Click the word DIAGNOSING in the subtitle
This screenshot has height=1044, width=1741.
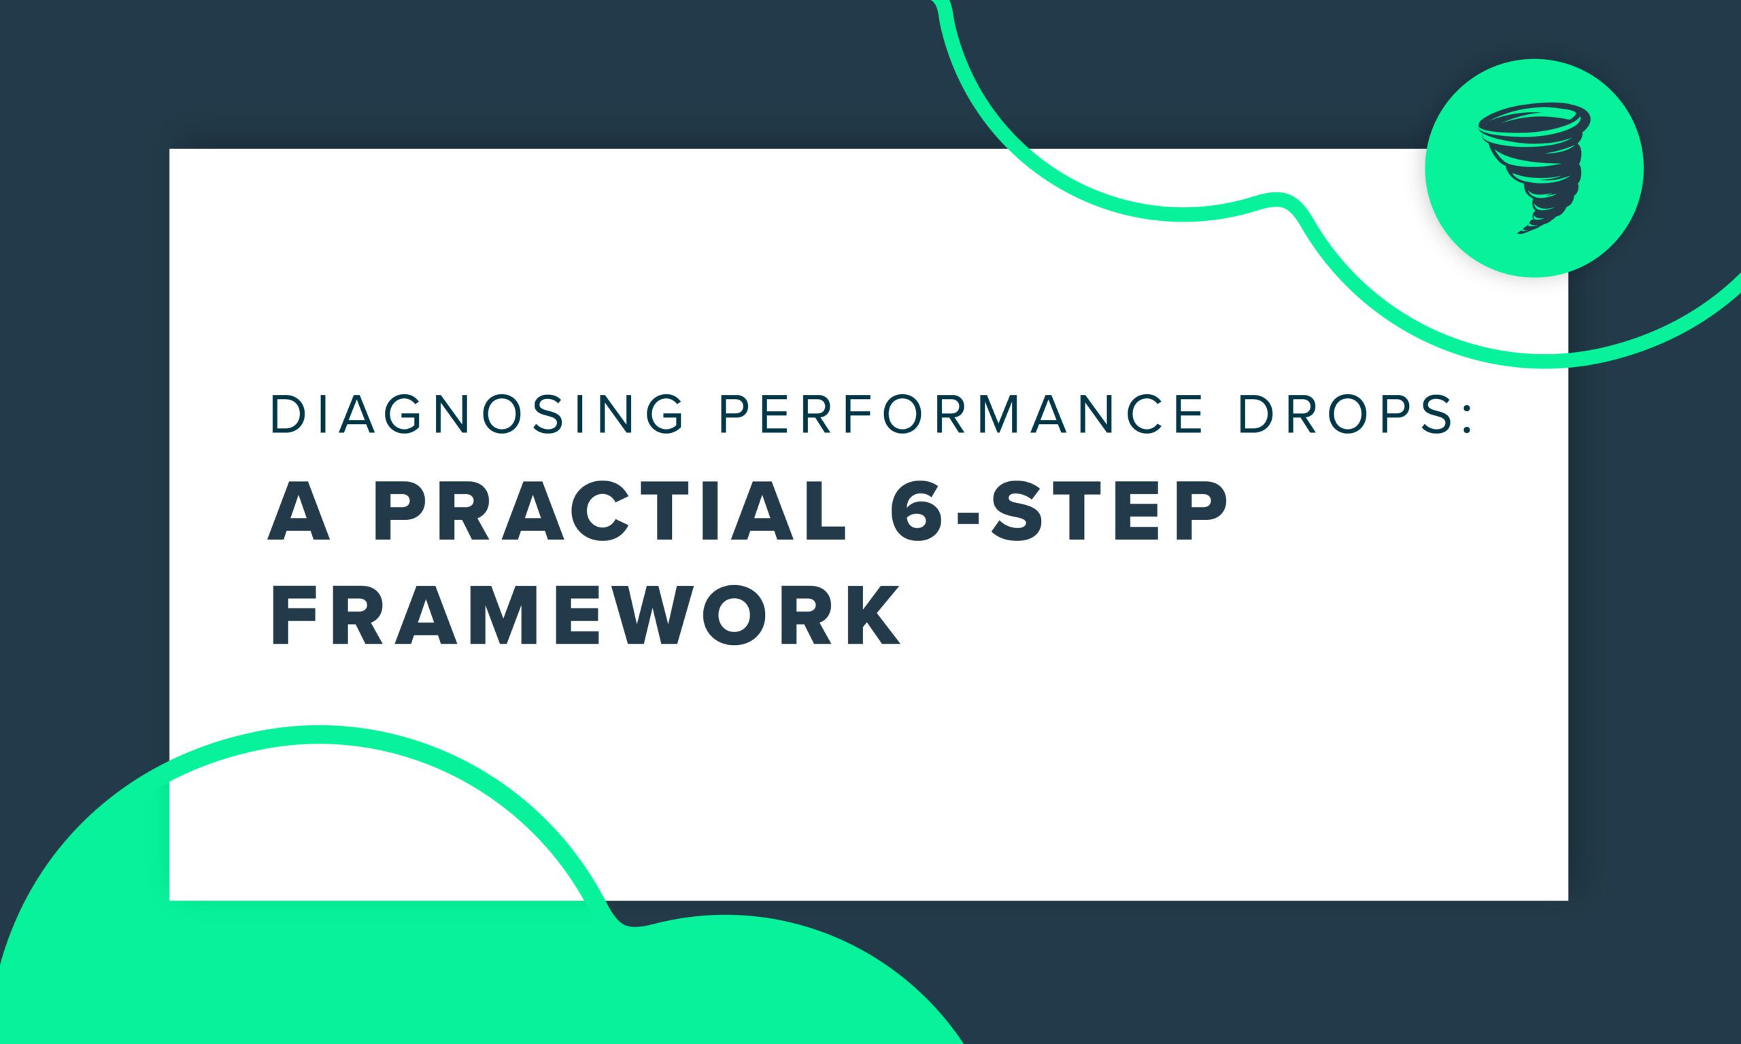click(x=477, y=415)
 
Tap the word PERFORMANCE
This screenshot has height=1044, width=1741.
click(x=960, y=415)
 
